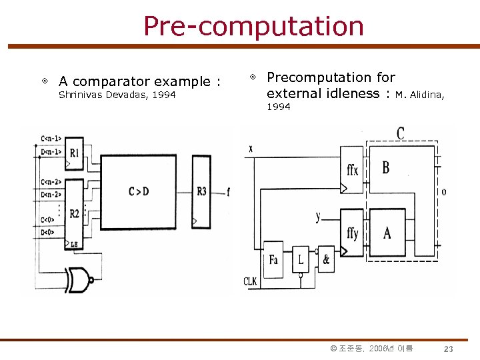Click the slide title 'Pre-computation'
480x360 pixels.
[x=253, y=27]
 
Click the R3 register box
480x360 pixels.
[x=201, y=191]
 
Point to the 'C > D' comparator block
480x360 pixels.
[x=139, y=191]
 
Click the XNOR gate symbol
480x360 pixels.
[x=78, y=278]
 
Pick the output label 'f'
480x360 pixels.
[x=229, y=192]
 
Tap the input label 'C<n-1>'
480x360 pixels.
[x=51, y=139]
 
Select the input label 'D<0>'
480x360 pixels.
[x=48, y=232]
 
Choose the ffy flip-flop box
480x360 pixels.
[x=353, y=233]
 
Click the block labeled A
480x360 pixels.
[x=387, y=233]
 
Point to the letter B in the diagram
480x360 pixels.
[x=386, y=167]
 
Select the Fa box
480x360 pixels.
[x=273, y=259]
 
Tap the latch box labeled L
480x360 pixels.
[x=301, y=259]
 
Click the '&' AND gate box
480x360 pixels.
[x=325, y=259]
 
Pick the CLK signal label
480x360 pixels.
[x=250, y=281]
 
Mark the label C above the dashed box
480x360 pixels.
[x=400, y=133]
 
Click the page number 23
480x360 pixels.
[x=449, y=349]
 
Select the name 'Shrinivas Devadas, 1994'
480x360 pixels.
[x=117, y=95]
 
